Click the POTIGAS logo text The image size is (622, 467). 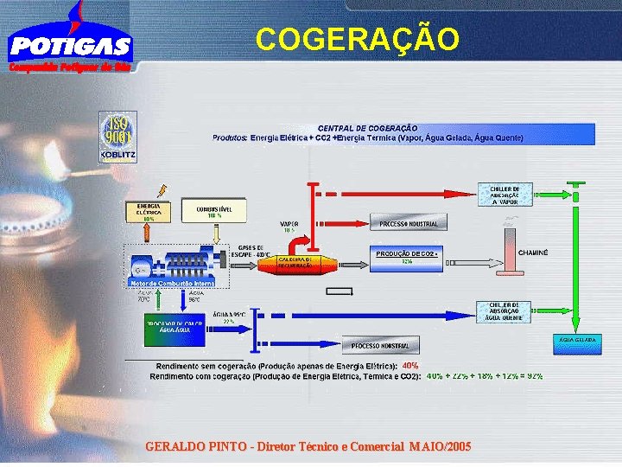click(x=70, y=46)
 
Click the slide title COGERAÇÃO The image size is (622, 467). click(x=358, y=39)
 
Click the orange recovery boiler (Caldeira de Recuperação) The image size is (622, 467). click(x=300, y=263)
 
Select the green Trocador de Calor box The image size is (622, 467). click(x=174, y=329)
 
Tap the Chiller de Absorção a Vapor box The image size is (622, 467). click(x=504, y=195)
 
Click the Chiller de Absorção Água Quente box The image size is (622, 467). click(x=504, y=311)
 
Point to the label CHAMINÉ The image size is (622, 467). click(x=533, y=253)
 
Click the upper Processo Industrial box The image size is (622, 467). click(x=409, y=224)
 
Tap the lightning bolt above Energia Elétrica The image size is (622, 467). click(x=158, y=189)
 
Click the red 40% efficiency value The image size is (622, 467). click(x=410, y=366)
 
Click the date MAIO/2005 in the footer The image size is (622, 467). click(x=440, y=447)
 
